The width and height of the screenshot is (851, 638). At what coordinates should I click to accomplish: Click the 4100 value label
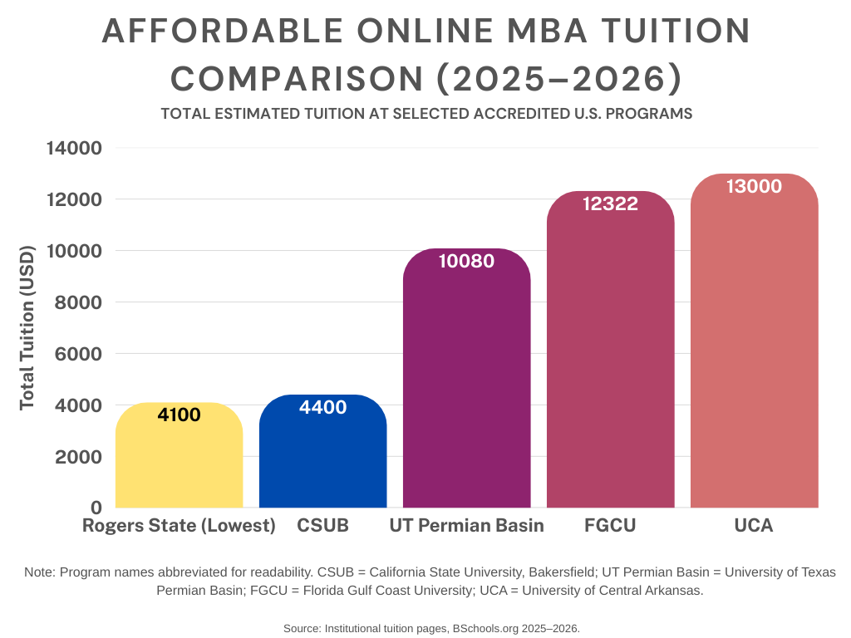tap(179, 415)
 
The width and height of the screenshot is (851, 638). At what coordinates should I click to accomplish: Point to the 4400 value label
tap(322, 407)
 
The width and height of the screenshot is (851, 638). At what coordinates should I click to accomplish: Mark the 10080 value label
tap(466, 261)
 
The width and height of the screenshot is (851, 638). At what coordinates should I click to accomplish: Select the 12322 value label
tap(610, 204)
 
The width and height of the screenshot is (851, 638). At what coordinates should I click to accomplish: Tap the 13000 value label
tap(754, 186)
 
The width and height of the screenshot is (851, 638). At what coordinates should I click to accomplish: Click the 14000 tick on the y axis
tap(73, 149)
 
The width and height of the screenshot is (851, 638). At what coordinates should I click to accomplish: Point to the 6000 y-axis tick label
tap(78, 354)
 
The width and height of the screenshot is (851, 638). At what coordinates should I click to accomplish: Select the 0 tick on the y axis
tap(96, 508)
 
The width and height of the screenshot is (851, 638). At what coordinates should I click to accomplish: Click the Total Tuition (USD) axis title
tap(27, 326)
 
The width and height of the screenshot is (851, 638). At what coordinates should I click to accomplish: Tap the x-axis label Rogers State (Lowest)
tap(179, 526)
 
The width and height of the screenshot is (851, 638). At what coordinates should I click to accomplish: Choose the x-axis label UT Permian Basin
tap(466, 526)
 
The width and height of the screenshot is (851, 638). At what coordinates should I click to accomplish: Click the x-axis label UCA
tap(754, 526)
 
